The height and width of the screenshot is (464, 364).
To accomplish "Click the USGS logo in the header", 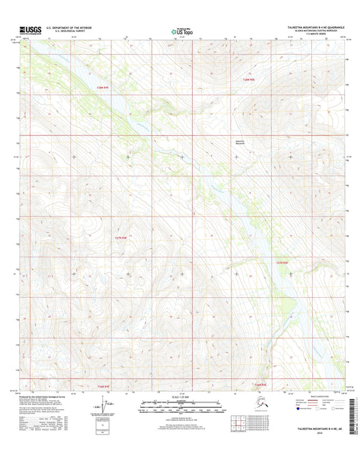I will (31, 31).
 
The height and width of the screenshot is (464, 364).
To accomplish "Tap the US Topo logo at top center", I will (181, 31).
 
